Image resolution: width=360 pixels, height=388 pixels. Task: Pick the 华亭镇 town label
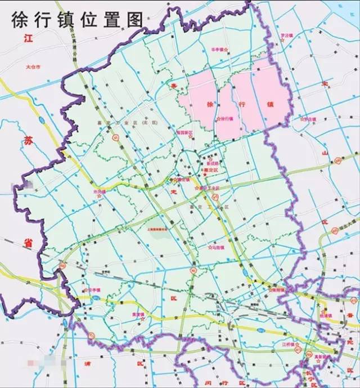click(218, 50)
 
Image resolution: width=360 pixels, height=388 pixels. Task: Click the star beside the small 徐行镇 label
click(218, 119)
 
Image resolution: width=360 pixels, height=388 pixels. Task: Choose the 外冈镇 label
click(99, 191)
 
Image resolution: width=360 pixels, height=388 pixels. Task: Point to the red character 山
click(325, 153)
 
